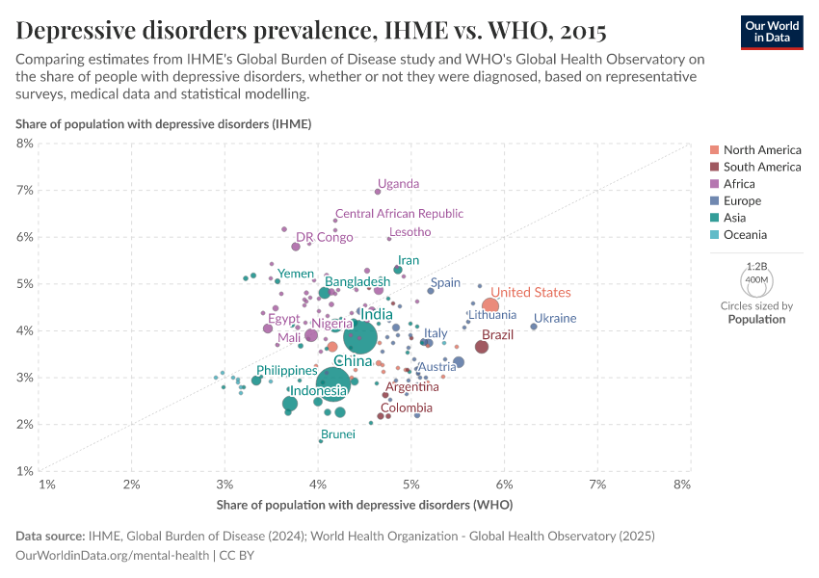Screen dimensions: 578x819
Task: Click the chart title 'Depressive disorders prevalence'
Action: coord(311,31)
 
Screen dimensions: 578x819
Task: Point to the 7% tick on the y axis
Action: coord(24,190)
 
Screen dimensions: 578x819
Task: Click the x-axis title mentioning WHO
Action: coord(364,505)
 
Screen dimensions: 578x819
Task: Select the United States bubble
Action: coord(490,306)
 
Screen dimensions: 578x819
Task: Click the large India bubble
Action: coord(359,337)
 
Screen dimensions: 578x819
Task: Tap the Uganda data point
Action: coord(378,192)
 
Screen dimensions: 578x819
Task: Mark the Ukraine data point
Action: coord(534,327)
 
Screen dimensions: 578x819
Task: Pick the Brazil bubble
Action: coord(482,347)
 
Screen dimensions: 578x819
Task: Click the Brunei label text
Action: coord(338,434)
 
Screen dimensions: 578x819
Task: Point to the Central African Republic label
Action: coord(399,214)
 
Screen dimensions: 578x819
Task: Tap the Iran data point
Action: coord(398,270)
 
